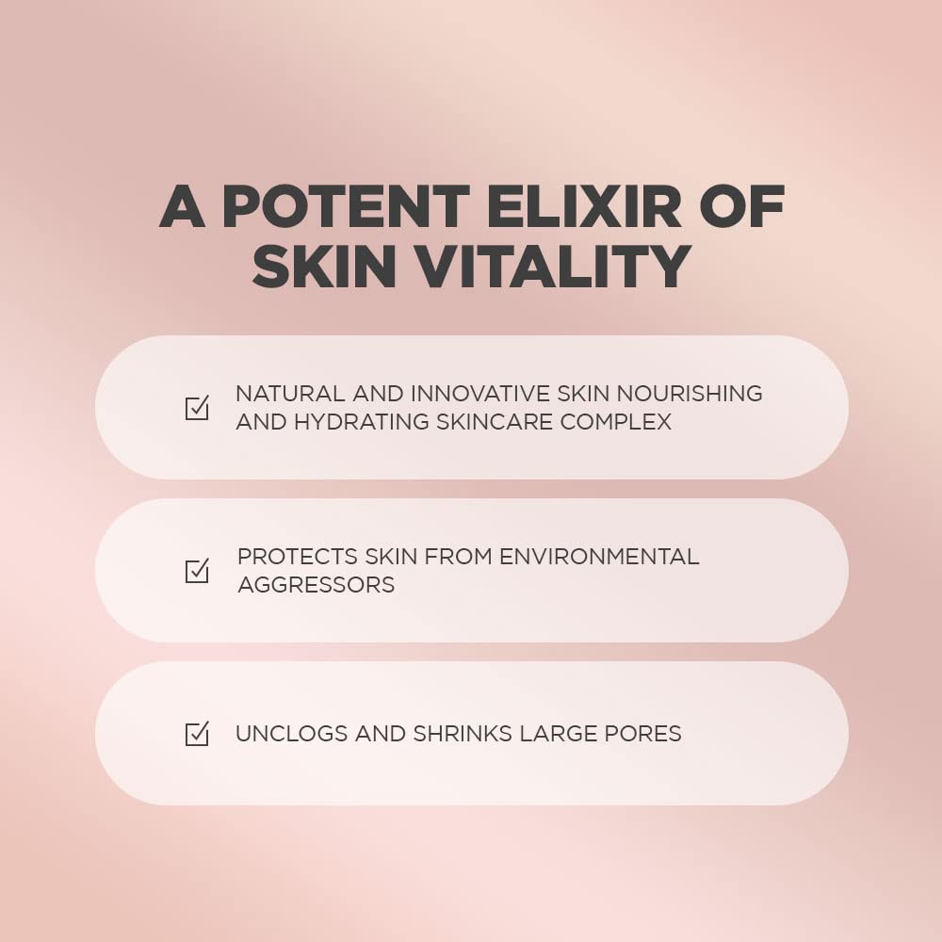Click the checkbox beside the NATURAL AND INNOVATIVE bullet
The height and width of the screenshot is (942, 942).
pyautogui.click(x=197, y=408)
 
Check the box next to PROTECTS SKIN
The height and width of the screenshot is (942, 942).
pyautogui.click(x=197, y=571)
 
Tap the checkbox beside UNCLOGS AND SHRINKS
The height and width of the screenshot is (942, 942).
pyautogui.click(x=197, y=734)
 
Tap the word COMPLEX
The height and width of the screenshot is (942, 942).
pyautogui.click(x=616, y=421)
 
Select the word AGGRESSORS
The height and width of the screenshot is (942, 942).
pyautogui.click(x=316, y=585)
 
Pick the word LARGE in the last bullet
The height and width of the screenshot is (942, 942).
pyautogui.click(x=552, y=734)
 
